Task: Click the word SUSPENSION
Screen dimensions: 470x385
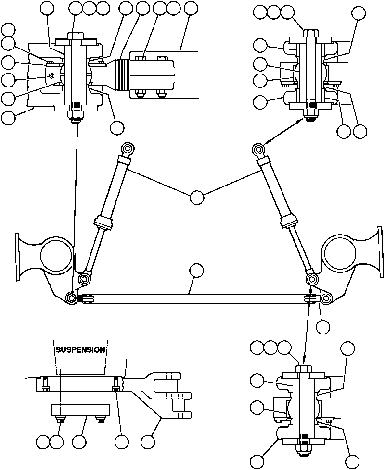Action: pos(80,350)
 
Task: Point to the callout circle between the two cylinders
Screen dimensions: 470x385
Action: pos(197,197)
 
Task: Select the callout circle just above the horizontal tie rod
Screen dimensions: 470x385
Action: pos(196,271)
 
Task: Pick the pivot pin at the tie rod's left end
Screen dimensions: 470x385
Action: pos(72,298)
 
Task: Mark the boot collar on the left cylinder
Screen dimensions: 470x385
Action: pos(104,223)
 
